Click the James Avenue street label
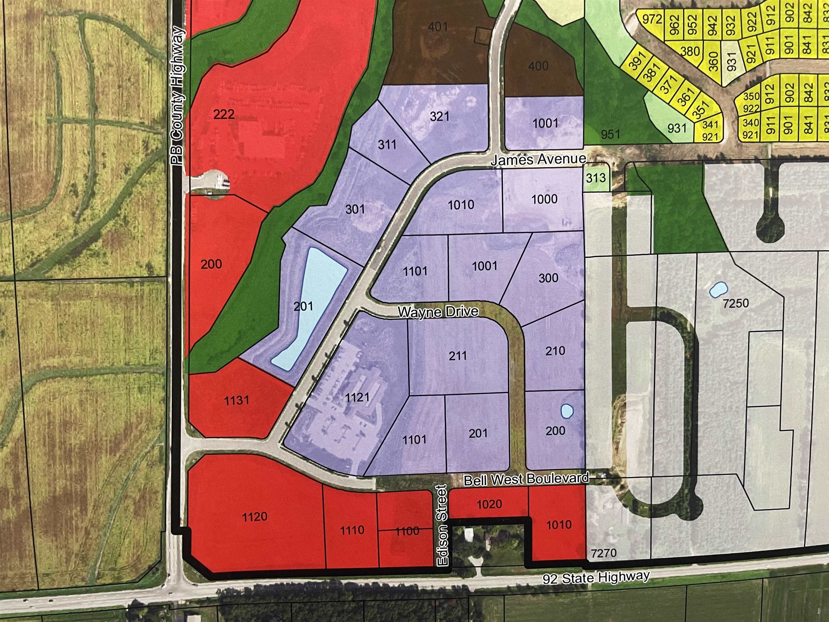[x=538, y=159]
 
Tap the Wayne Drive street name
[x=438, y=312]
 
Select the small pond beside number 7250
[x=718, y=290]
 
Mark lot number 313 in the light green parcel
[x=596, y=177]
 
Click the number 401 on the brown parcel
[x=438, y=27]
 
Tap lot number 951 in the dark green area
[x=610, y=134]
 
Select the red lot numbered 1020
[x=489, y=504]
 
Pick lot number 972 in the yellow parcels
[x=651, y=19]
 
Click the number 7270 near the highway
[x=604, y=553]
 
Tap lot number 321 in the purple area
[x=440, y=116]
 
